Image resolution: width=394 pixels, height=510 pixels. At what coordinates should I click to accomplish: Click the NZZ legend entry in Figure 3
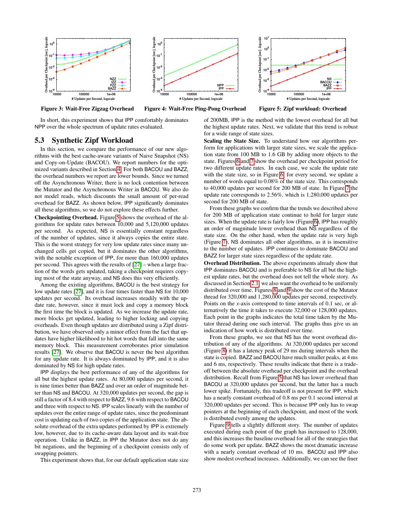113,79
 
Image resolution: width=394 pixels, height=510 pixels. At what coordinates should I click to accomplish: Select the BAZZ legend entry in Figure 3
112,88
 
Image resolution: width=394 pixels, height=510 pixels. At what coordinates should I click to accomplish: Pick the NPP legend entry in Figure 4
220,85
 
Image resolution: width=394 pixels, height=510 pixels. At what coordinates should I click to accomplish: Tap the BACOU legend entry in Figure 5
326,82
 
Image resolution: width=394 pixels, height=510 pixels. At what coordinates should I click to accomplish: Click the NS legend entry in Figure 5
329,79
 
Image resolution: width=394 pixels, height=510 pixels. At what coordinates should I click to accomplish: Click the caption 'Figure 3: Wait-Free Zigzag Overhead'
87,109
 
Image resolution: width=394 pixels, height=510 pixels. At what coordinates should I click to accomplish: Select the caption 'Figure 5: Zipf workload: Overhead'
303,109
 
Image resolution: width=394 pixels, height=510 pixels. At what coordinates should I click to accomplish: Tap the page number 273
197,490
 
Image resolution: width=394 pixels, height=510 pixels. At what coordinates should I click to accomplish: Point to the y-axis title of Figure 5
260,64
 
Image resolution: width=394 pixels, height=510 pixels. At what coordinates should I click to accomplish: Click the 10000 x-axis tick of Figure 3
57,95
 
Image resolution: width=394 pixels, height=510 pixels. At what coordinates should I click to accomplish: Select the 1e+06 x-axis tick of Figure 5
326,95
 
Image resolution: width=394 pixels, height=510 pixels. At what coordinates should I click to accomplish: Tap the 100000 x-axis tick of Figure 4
192,95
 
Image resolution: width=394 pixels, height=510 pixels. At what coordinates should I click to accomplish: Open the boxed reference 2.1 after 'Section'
255,283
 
